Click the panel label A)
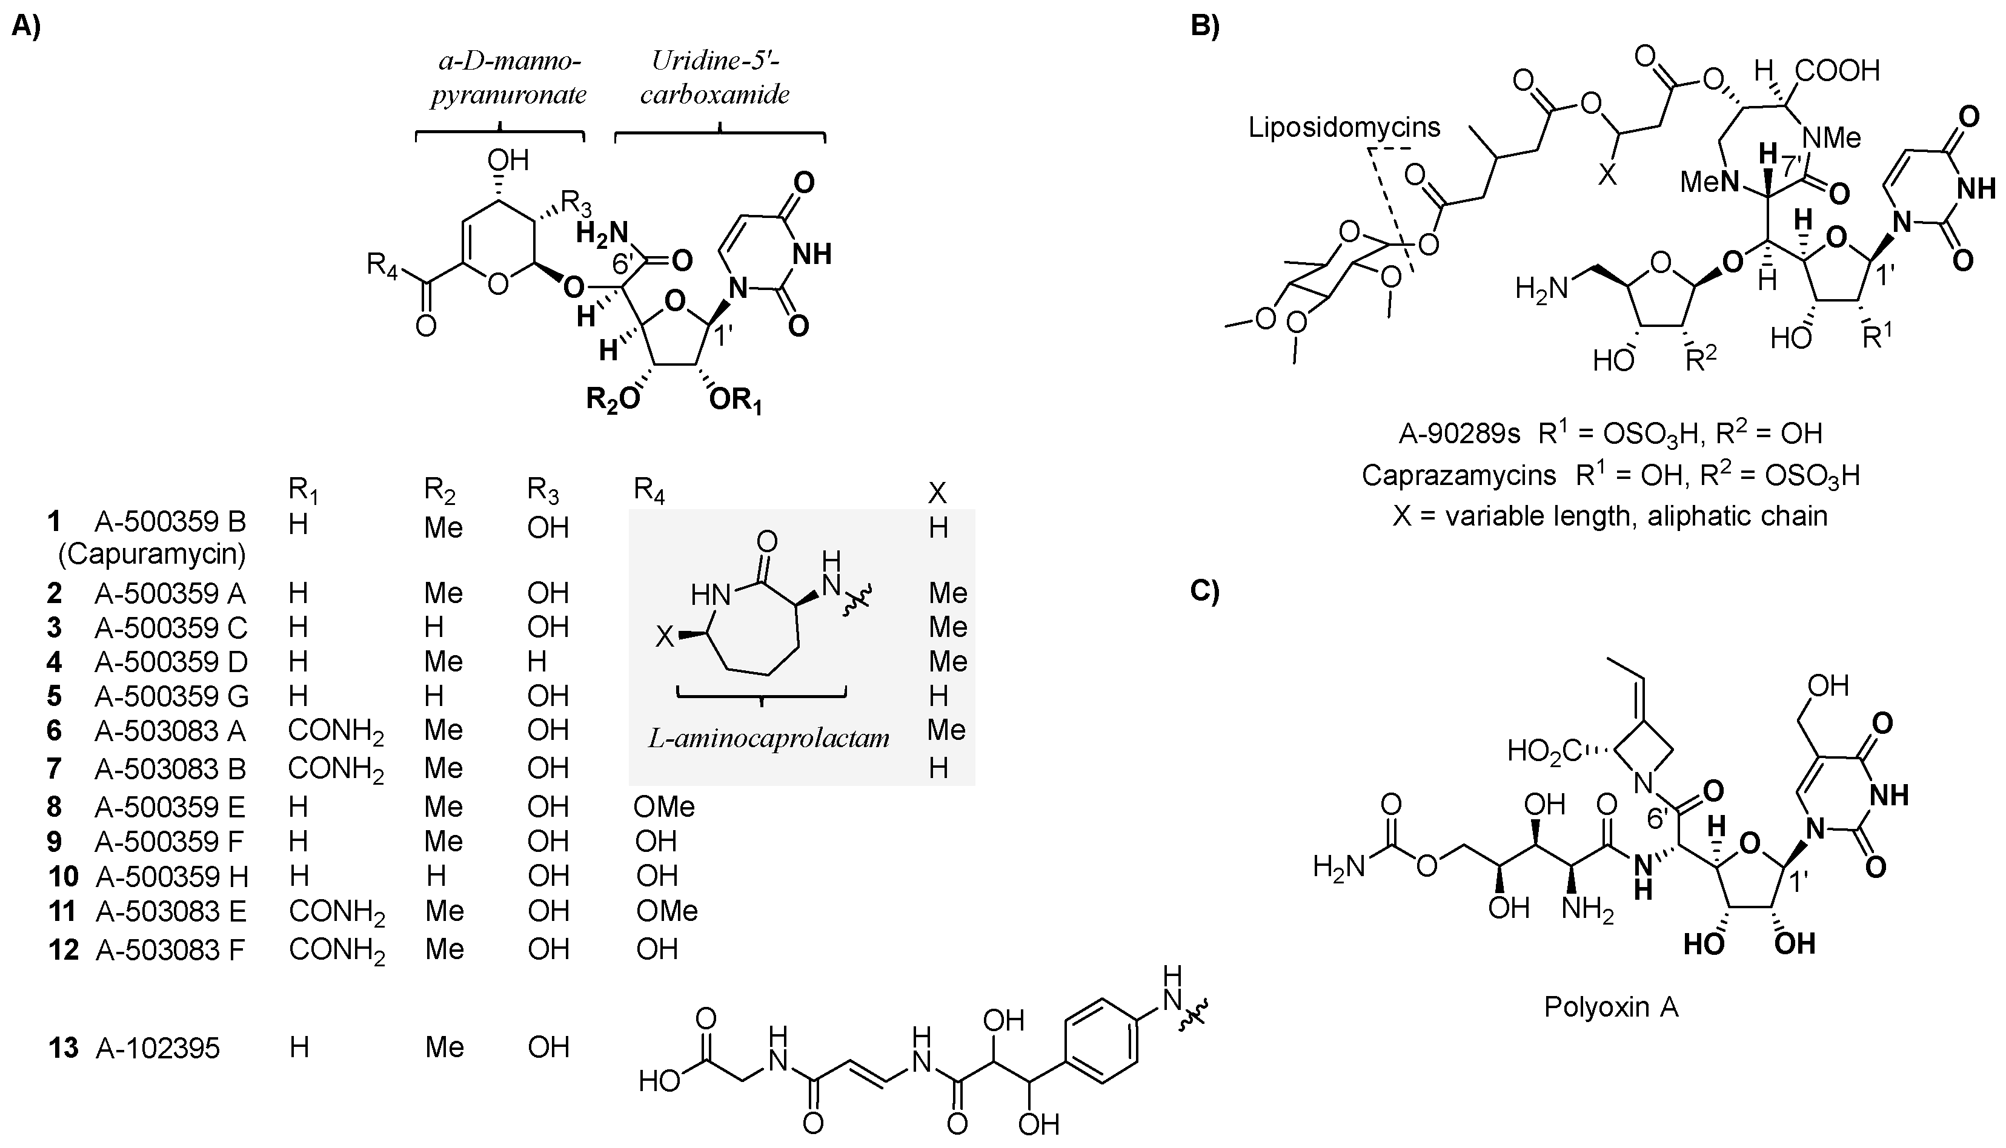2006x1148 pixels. coord(26,26)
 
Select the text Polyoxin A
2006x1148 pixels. coord(1611,1007)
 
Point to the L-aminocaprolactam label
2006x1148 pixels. coord(768,738)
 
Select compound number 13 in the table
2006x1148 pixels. coord(63,1048)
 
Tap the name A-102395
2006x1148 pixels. coord(158,1048)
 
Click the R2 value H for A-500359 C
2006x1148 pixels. coord(434,628)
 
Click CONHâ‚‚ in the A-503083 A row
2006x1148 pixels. coord(335,731)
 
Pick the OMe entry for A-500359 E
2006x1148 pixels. coord(663,807)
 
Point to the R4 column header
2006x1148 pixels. coord(649,490)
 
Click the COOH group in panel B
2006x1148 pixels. coord(1838,71)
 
